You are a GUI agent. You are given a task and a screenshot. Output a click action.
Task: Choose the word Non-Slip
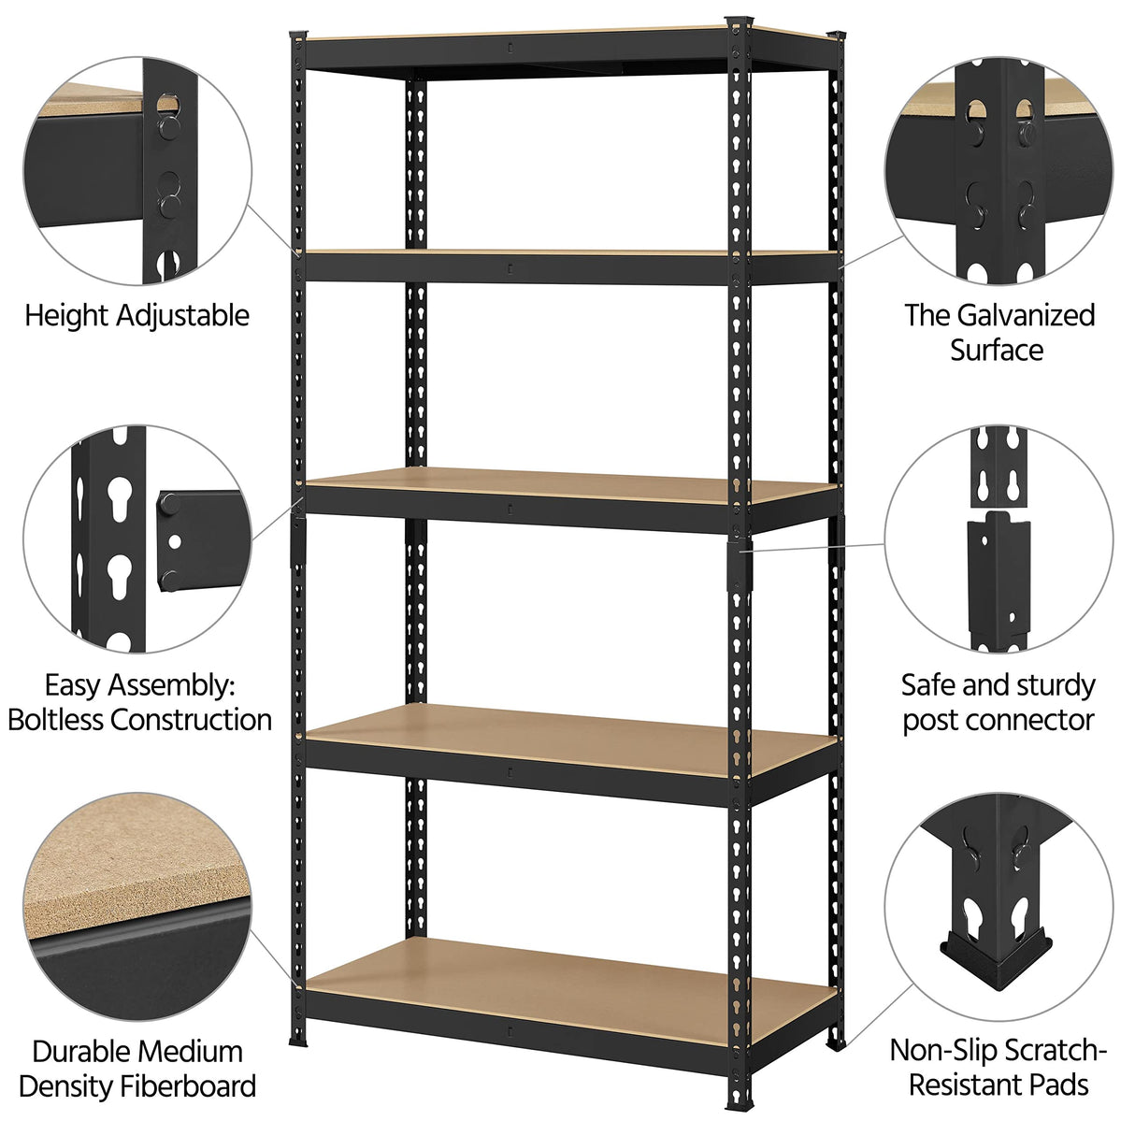[939, 1051]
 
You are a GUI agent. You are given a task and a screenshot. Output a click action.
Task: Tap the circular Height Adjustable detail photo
[137, 171]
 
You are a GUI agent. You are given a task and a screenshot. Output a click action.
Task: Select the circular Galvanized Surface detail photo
[999, 171]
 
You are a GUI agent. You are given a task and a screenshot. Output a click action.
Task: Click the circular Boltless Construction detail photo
[137, 539]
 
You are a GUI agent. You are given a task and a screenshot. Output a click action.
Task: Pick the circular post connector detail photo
[999, 539]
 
